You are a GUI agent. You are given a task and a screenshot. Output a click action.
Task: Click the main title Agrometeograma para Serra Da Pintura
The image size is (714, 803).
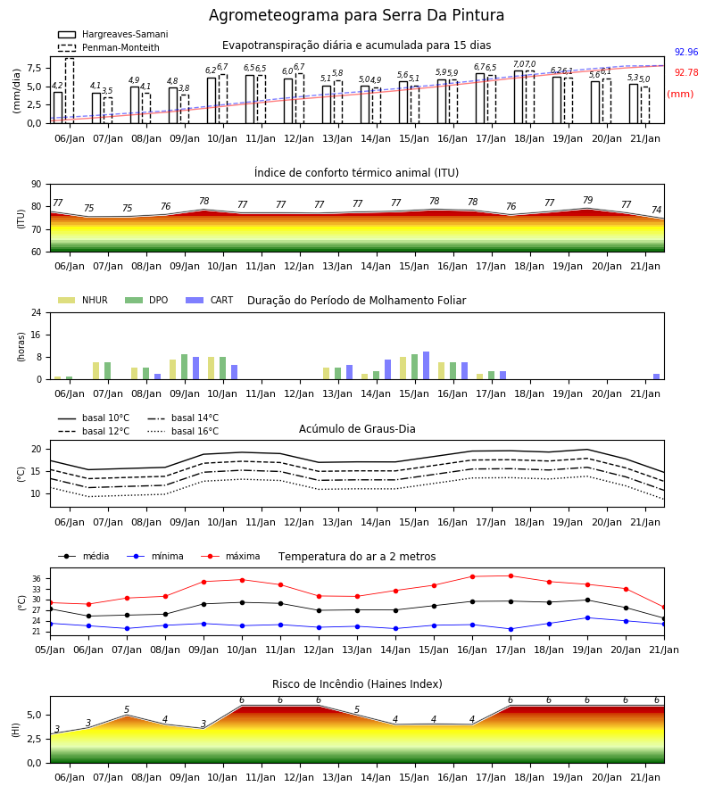tap(356, 15)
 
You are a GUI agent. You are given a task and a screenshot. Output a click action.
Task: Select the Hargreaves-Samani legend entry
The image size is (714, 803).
tap(112, 34)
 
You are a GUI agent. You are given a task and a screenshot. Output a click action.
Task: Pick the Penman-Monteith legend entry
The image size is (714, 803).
tap(109, 47)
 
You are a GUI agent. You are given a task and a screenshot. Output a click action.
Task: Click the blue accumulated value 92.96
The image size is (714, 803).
tap(686, 53)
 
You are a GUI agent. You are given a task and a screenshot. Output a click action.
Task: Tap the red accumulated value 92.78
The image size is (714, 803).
tap(686, 73)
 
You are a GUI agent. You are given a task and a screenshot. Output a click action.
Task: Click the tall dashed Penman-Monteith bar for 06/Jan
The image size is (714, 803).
tap(70, 91)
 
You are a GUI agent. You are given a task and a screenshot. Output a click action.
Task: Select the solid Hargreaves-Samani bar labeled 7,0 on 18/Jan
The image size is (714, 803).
tap(519, 97)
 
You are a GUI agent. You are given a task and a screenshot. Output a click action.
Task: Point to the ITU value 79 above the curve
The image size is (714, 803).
tap(587, 200)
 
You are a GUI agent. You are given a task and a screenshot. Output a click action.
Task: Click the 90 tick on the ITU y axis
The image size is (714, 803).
tap(37, 185)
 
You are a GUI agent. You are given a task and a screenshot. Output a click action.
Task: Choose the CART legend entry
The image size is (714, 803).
tap(209, 300)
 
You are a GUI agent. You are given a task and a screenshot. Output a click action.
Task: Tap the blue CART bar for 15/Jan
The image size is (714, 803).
tap(426, 366)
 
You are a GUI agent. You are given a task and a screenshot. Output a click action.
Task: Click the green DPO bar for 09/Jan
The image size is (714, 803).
tap(185, 367)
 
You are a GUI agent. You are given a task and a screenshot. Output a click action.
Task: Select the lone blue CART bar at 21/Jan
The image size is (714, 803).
tap(657, 377)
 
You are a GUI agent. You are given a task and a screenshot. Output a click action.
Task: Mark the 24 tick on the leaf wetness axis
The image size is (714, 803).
tap(37, 312)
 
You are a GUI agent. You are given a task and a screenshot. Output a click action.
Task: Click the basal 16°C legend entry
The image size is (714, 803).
tap(183, 432)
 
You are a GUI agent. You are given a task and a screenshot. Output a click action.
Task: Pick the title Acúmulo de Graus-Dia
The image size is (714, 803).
tap(357, 429)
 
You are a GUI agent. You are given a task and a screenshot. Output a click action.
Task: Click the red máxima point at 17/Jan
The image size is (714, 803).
tap(511, 576)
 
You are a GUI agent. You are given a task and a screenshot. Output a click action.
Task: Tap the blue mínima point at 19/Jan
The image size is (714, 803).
tap(587, 618)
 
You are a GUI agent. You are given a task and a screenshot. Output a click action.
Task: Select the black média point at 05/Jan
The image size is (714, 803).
tap(51, 608)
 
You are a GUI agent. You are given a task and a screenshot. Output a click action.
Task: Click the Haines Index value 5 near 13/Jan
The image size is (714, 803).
tap(357, 710)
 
